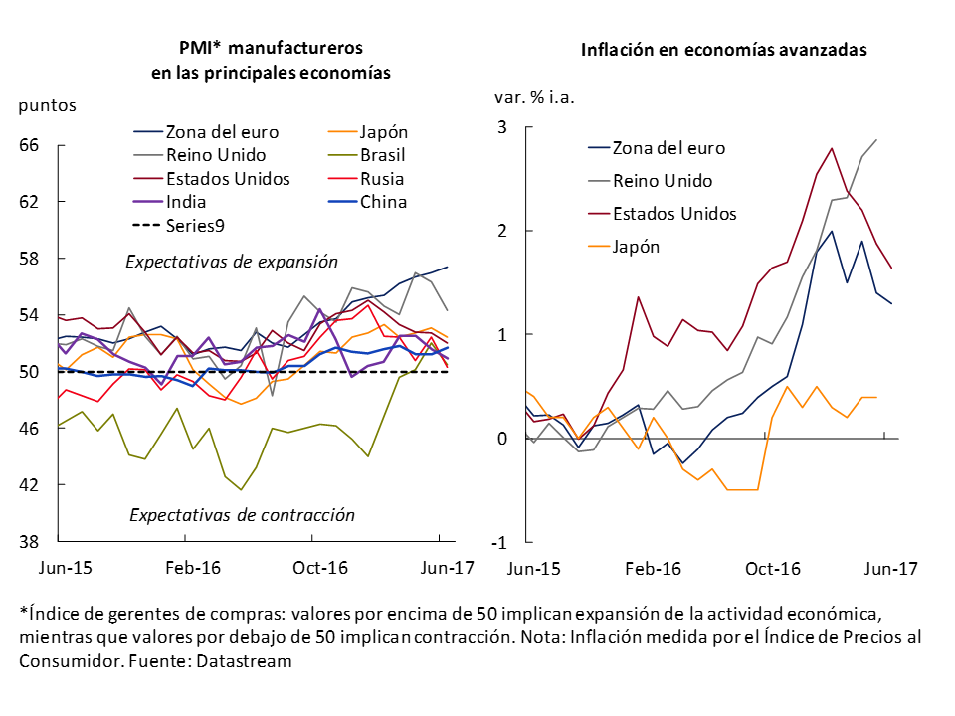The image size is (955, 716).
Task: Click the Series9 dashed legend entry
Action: (194, 226)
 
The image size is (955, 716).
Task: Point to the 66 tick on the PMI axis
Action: (29, 145)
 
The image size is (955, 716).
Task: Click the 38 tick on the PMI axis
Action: (29, 542)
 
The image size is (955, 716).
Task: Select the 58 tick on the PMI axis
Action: (29, 259)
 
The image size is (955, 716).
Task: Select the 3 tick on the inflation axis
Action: (502, 127)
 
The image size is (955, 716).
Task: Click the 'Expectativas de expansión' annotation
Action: (232, 262)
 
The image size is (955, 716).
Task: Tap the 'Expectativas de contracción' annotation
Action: (242, 515)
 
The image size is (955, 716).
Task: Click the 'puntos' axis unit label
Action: (47, 103)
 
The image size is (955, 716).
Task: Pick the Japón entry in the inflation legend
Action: (636, 247)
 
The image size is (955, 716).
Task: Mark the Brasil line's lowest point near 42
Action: (241, 489)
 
